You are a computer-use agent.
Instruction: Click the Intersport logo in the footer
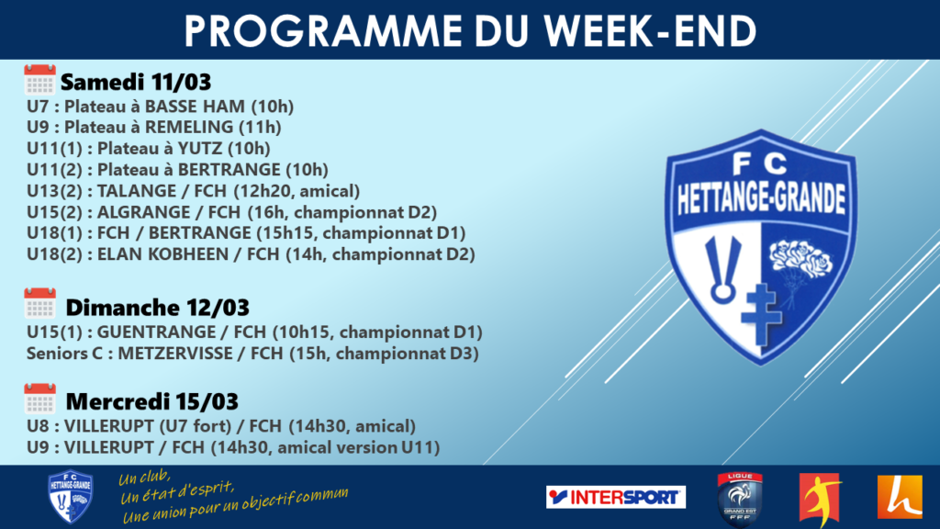(x=616, y=497)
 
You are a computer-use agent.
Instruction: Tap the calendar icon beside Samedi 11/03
(x=39, y=80)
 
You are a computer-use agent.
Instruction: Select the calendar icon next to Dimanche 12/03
(x=39, y=303)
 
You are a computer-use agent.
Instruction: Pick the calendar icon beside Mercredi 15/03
(x=39, y=399)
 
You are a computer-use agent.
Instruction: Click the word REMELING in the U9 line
(x=189, y=127)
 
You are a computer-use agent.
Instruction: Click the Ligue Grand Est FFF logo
(x=740, y=499)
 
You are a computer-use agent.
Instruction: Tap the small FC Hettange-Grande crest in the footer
(x=70, y=497)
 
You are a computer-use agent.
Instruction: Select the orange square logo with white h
(x=900, y=497)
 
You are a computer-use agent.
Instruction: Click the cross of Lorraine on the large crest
(x=761, y=314)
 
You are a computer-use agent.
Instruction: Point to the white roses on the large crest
(x=800, y=259)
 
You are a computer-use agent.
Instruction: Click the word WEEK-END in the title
(x=650, y=30)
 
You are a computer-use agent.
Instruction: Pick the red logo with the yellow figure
(x=821, y=499)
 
